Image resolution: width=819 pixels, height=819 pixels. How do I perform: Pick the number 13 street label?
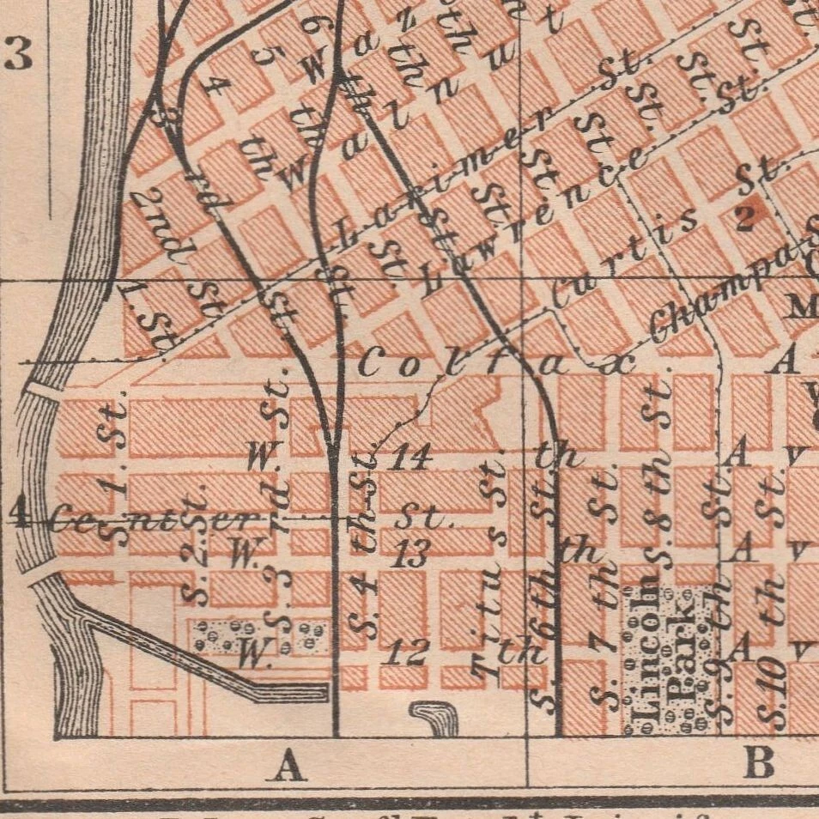(411, 555)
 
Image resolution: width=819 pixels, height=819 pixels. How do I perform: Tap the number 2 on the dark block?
(743, 217)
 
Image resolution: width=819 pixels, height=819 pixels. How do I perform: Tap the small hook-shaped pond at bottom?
(435, 718)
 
